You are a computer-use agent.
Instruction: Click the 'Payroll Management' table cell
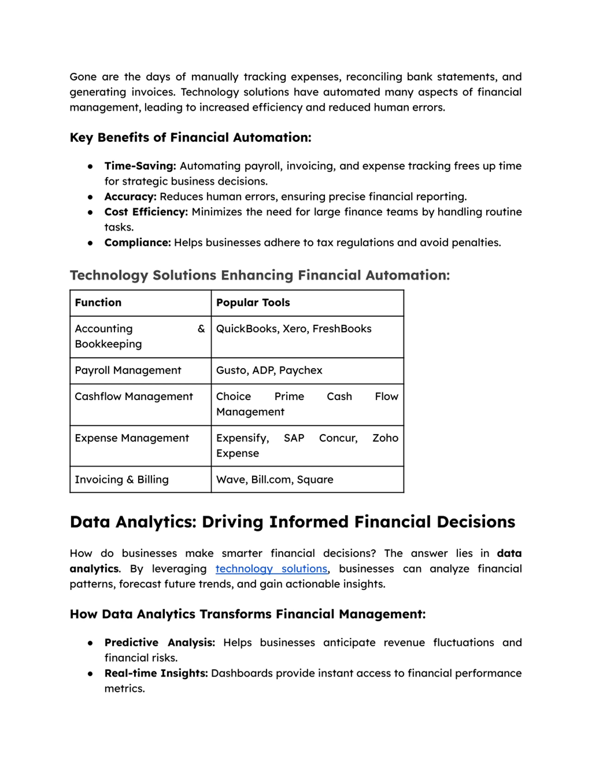click(128, 370)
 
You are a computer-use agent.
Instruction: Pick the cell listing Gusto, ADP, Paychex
click(269, 370)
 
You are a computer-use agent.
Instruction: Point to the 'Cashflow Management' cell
click(134, 397)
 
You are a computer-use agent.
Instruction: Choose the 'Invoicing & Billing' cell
click(122, 479)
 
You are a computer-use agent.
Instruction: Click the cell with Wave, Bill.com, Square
click(274, 479)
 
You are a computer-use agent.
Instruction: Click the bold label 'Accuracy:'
click(130, 197)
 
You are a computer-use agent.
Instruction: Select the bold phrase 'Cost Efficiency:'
click(146, 212)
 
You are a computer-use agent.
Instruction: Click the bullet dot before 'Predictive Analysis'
click(90, 643)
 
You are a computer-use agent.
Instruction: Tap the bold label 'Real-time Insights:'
click(156, 673)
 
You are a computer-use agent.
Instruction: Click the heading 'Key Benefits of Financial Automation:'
click(191, 137)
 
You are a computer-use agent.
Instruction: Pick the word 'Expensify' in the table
click(242, 438)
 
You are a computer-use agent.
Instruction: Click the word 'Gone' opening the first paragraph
click(83, 77)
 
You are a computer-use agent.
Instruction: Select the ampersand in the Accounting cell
click(201, 329)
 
